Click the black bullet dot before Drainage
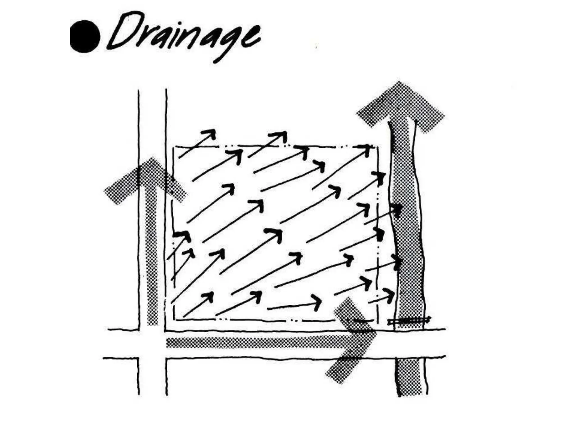coord(85,37)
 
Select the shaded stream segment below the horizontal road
coord(411,376)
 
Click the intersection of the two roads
coord(152,344)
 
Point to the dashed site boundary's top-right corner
coord(377,146)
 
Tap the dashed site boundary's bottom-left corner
coord(175,319)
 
